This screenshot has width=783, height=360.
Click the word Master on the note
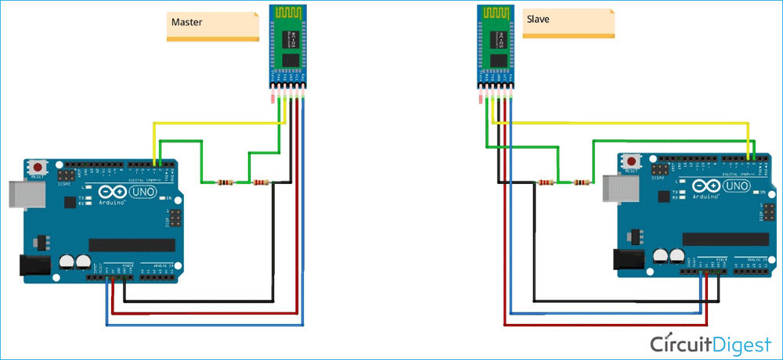tap(186, 23)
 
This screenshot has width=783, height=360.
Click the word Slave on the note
tap(538, 18)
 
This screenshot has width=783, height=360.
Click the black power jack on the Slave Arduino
tap(628, 261)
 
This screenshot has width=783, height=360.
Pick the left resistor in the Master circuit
tap(225, 183)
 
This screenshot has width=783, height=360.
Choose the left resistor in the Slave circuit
tap(545, 184)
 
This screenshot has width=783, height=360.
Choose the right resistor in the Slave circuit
tap(580, 184)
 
